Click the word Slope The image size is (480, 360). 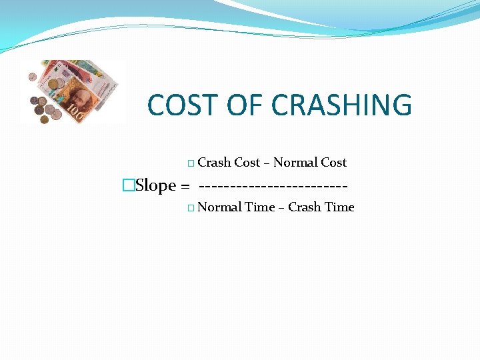[155, 185]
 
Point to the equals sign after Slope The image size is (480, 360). [185, 185]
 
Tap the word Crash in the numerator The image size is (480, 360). [214, 163]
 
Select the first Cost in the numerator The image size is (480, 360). [247, 163]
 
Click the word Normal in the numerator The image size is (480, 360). [294, 163]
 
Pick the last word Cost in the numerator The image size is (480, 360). [334, 163]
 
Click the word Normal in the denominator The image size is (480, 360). [219, 207]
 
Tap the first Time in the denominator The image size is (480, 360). [260, 207]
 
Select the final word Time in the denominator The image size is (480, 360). [339, 207]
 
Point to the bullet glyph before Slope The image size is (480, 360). [129, 185]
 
